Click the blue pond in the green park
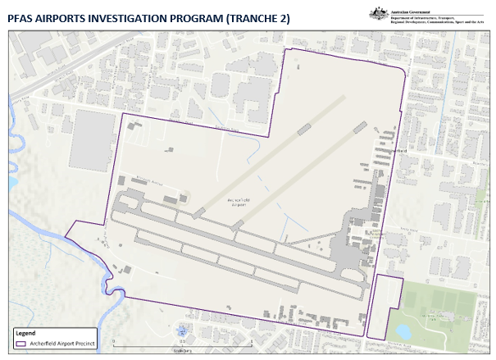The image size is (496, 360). [403, 330]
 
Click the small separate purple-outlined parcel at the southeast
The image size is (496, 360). [384, 308]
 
